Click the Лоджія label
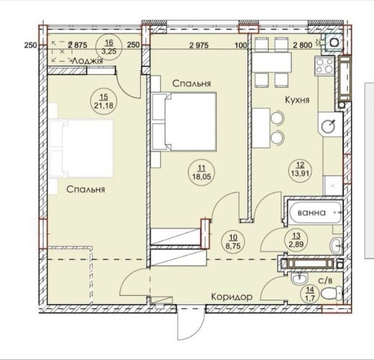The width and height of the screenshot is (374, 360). (88, 61)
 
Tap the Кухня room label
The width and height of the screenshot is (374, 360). (297, 100)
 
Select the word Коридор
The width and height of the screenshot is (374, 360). (232, 297)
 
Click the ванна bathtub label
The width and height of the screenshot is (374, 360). (312, 212)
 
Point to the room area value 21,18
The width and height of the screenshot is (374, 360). (104, 105)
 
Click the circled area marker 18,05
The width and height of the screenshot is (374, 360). (201, 173)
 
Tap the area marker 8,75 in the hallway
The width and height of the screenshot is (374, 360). (233, 242)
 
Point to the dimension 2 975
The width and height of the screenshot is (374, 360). (199, 45)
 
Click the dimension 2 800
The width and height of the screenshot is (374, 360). (303, 45)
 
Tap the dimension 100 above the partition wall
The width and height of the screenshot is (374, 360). (241, 45)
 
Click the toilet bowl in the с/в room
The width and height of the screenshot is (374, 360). (332, 293)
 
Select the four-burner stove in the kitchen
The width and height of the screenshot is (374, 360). (325, 66)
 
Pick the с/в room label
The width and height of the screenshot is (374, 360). (325, 280)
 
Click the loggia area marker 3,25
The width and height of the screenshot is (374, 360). (109, 47)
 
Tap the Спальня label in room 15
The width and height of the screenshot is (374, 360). (86, 189)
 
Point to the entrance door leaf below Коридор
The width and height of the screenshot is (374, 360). (178, 323)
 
